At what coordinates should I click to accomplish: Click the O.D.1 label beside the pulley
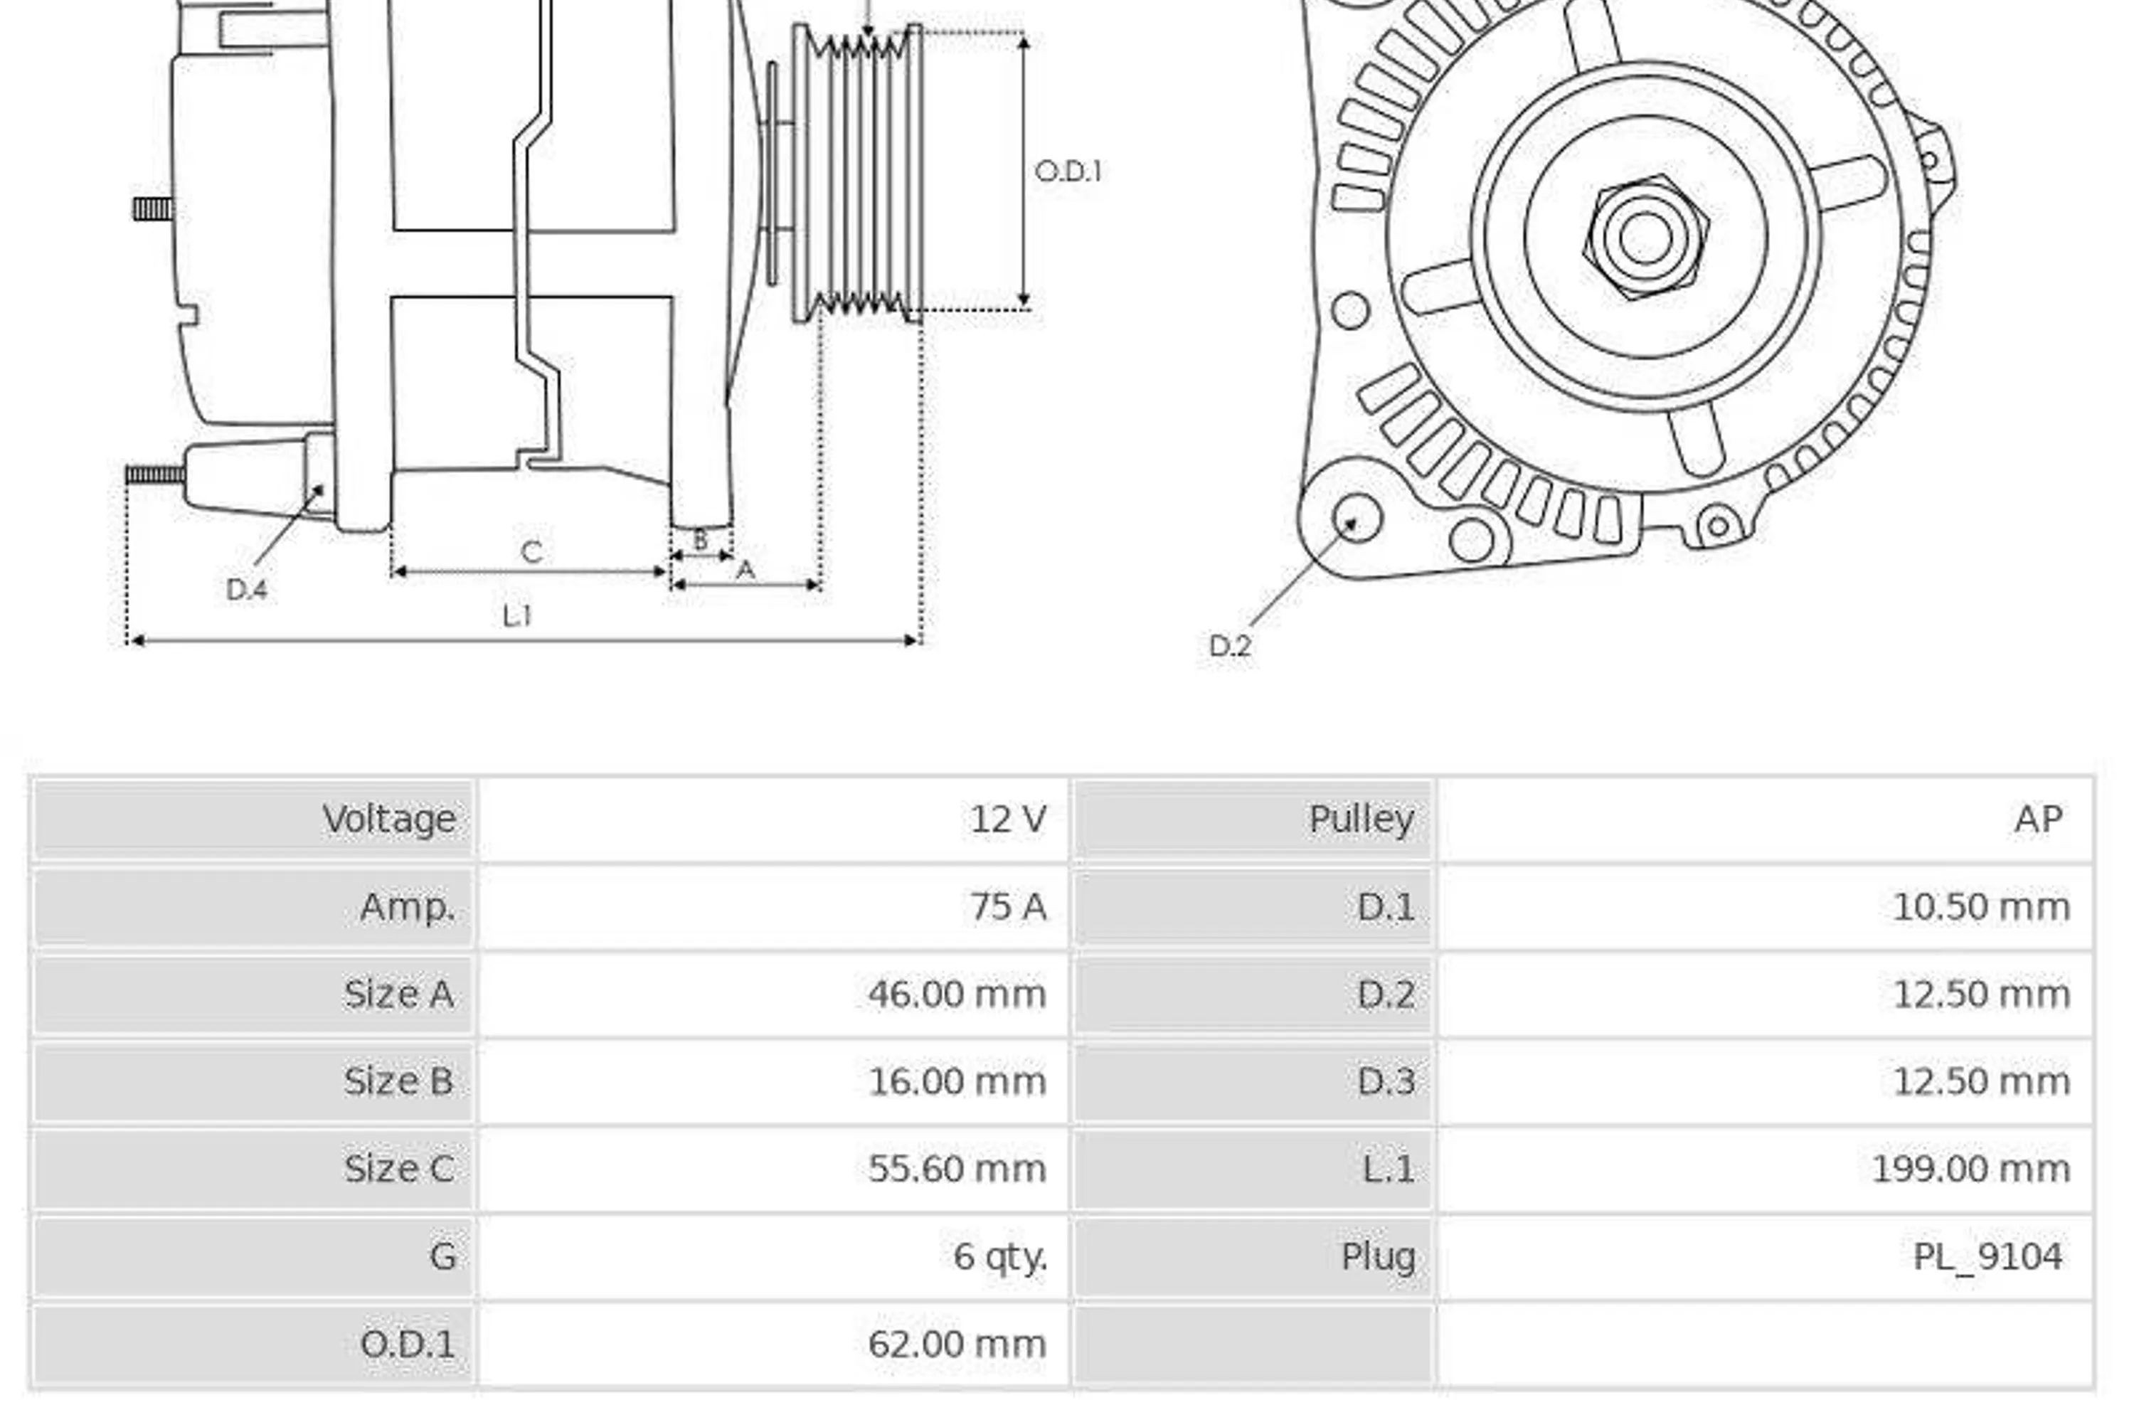coord(1068,171)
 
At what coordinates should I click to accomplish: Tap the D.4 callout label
coord(247,589)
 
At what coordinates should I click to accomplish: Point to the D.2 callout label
coord(1230,645)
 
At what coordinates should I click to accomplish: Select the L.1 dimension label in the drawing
coord(517,615)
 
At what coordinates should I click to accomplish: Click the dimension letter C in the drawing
coord(531,551)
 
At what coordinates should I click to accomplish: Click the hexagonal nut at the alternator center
coord(1645,237)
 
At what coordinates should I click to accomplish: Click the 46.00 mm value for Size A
coord(957,993)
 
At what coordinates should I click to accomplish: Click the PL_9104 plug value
coord(1988,1256)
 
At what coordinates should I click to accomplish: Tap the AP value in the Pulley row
coord(2038,819)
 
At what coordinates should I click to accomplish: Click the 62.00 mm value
coord(957,1344)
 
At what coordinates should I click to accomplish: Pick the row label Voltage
coord(389,820)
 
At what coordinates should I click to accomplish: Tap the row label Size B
coord(398,1081)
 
